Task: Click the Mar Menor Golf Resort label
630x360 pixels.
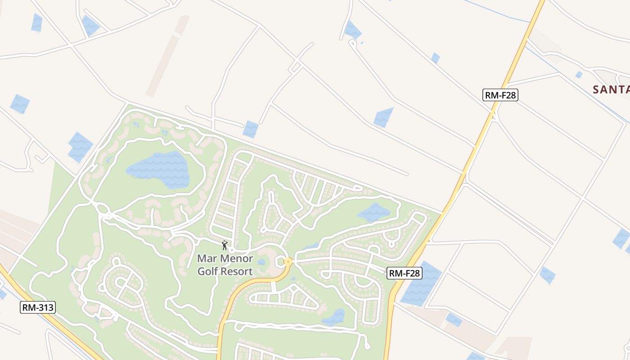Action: click(x=225, y=265)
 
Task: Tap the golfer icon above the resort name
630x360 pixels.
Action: click(x=225, y=245)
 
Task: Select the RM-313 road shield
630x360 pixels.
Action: click(x=38, y=308)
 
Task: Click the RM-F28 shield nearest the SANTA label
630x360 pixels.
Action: click(x=500, y=95)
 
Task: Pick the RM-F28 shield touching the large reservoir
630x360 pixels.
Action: click(x=404, y=273)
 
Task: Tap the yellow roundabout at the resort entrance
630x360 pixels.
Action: click(x=288, y=261)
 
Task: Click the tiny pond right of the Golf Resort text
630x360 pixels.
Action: click(x=261, y=262)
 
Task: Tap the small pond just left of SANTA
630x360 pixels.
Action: click(x=579, y=75)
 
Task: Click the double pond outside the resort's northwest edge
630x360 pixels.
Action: click(x=80, y=147)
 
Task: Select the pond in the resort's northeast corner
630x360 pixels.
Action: click(x=373, y=212)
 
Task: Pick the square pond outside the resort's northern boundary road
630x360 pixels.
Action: click(x=251, y=129)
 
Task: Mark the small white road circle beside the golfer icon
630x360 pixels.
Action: click(x=232, y=250)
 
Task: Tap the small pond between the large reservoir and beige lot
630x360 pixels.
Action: click(x=453, y=319)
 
